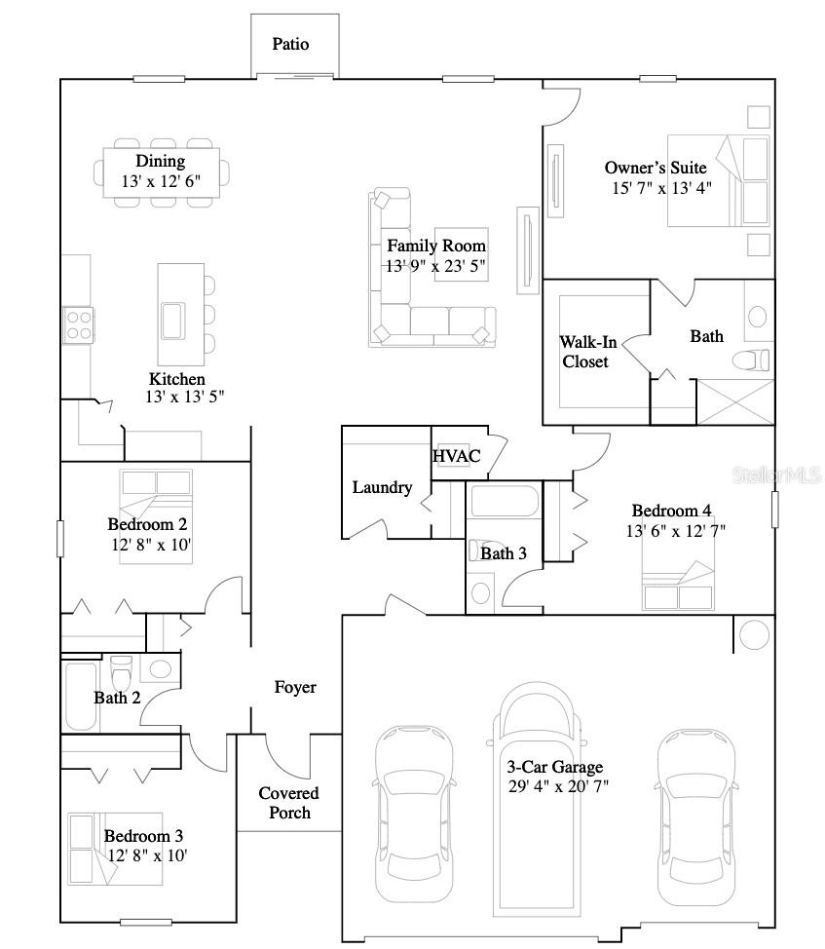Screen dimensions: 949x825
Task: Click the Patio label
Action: coord(290,44)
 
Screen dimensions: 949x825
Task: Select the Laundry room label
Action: coord(382,487)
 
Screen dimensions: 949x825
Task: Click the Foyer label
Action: coord(294,688)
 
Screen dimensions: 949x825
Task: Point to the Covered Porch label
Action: coord(289,803)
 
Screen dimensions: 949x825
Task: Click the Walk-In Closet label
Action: coord(584,352)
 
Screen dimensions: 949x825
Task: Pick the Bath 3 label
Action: coord(504,553)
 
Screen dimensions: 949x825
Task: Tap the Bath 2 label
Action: coord(117,698)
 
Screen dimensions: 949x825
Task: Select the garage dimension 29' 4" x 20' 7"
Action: coord(558,786)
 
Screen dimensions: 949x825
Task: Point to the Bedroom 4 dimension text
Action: coord(675,531)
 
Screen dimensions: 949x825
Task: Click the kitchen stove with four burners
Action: coord(78,324)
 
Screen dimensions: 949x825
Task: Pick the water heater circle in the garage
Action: coord(754,634)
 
